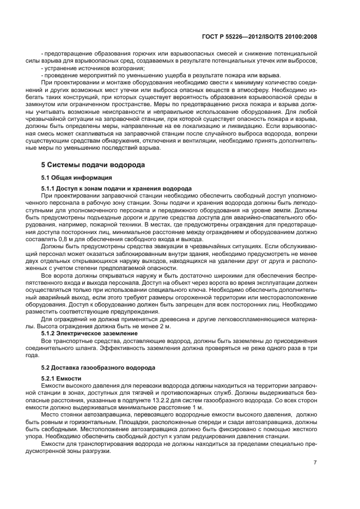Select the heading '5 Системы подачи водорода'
click(93, 164)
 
